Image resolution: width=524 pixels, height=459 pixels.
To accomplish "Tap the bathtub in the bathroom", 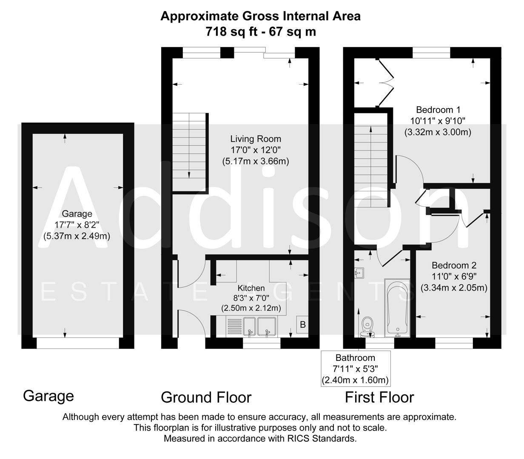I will coord(396,307).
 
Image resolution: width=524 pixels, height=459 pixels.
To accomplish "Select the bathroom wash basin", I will coord(359,272).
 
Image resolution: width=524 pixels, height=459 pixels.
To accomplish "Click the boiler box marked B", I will coord(303,325).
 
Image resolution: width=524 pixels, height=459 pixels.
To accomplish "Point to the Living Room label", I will coord(256,139).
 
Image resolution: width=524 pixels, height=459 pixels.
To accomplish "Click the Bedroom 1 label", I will coord(438,109).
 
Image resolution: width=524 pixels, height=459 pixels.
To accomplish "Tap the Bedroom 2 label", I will coord(454,265).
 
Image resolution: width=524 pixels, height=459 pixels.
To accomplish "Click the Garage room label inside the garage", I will coord(77,214).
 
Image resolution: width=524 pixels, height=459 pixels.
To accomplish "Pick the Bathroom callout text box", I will coord(355,368).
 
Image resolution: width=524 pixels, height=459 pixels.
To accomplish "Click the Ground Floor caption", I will coord(206,397).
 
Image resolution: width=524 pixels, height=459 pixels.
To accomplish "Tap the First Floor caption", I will coord(379,397).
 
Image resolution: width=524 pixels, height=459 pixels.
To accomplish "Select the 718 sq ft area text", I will coord(232,31).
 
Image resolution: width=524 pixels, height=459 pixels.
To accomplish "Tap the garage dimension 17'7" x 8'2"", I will coord(77,225).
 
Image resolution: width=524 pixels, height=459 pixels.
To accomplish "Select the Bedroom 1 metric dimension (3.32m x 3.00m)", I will coord(438,132).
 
